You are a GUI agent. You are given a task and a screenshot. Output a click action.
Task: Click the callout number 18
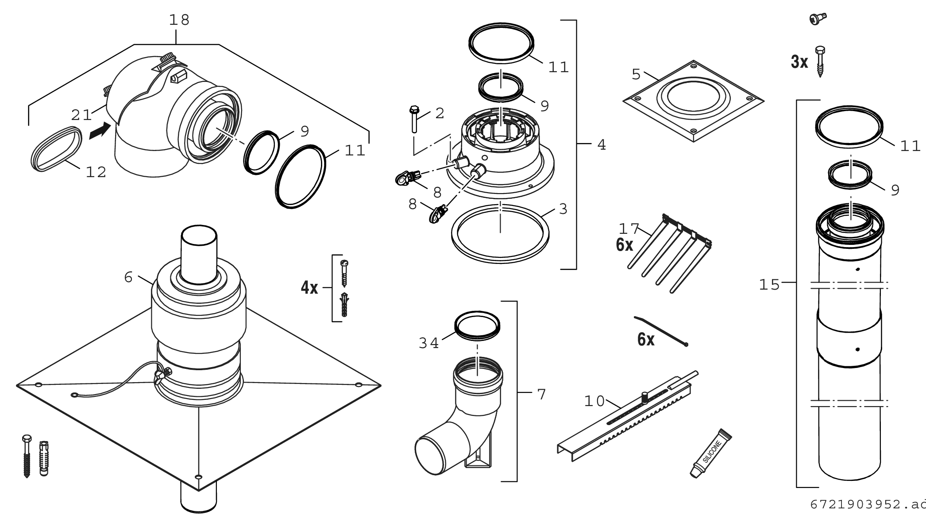coord(179,20)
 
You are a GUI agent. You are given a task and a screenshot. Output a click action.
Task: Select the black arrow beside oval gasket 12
coord(99,131)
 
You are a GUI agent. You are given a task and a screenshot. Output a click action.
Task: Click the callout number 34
coord(428,343)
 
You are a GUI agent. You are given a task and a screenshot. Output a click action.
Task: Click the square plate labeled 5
coord(693,101)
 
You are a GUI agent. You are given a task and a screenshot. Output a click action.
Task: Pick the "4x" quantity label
coord(309,288)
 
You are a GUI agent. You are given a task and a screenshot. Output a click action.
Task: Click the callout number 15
coord(769,284)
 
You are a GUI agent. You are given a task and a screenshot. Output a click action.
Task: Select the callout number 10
coord(594,401)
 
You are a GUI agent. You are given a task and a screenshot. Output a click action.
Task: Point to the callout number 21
coord(81,115)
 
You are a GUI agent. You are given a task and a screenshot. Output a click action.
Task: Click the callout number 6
coord(128,277)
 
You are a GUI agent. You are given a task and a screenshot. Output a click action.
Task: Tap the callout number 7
coord(541,394)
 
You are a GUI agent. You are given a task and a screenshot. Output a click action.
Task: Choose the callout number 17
coord(629,228)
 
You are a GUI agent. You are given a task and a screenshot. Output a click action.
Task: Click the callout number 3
coord(563,209)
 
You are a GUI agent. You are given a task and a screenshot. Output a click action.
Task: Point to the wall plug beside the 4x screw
coord(344,305)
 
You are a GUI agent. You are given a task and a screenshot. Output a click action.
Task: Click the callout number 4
coord(601,144)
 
